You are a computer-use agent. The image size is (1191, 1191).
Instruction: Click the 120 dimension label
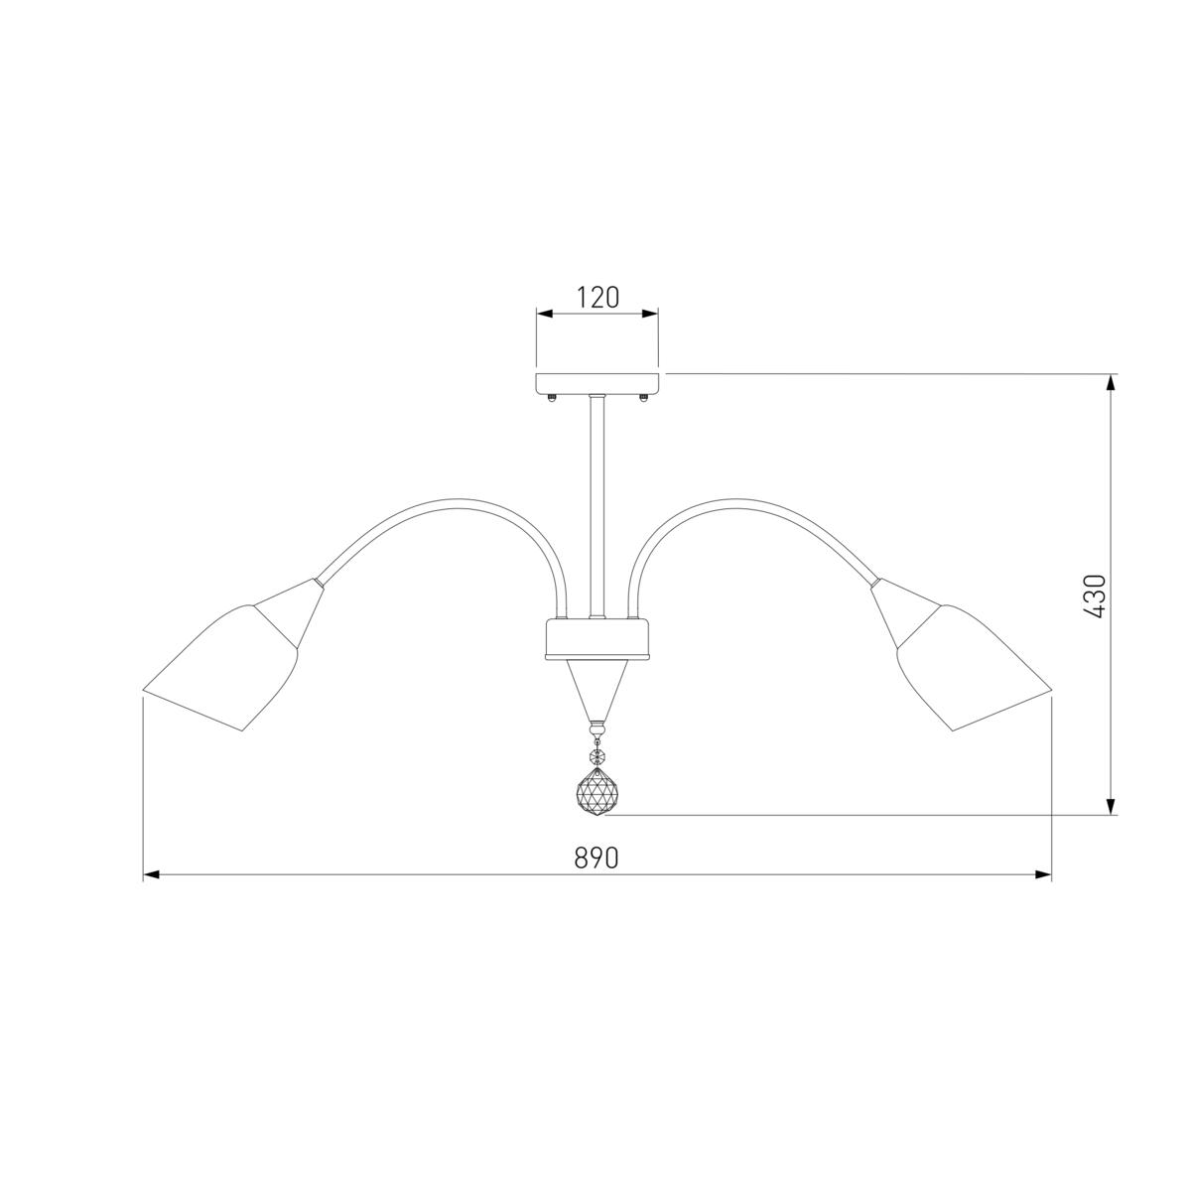click(x=597, y=298)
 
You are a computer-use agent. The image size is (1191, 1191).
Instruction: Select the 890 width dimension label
click(x=596, y=858)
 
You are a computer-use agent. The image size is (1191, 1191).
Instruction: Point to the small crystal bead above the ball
click(x=597, y=755)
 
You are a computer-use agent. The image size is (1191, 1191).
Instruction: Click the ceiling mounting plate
click(x=597, y=383)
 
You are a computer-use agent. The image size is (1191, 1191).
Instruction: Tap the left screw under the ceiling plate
click(x=551, y=398)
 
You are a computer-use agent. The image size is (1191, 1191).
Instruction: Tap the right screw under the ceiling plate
click(x=643, y=398)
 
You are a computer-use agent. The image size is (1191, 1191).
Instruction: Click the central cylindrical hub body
click(x=597, y=640)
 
